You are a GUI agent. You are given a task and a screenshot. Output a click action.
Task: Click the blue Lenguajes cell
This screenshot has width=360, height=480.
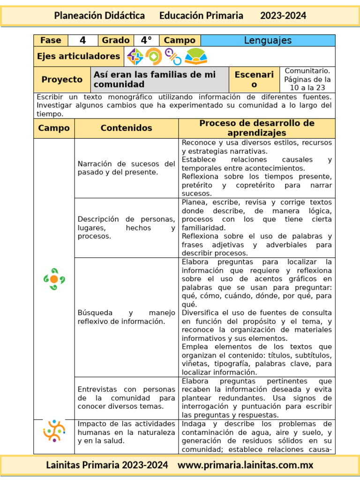pos(268,40)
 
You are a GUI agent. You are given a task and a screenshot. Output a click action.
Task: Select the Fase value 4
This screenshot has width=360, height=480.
pos(83,40)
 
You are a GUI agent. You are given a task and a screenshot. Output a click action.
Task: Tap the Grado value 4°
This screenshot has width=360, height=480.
pos(146,40)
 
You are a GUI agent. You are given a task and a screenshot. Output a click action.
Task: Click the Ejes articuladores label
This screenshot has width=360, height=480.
pos(79,57)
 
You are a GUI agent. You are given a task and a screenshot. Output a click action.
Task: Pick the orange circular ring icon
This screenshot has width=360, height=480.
pos(153,57)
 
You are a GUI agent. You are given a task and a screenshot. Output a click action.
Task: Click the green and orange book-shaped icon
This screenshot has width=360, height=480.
pos(195,57)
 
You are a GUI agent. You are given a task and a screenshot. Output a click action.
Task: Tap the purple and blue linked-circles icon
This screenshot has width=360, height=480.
pos(173,57)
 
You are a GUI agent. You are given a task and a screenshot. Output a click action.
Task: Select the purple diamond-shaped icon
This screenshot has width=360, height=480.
pos(135,57)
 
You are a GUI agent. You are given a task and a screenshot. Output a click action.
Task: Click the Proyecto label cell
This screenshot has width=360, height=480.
pos(62,80)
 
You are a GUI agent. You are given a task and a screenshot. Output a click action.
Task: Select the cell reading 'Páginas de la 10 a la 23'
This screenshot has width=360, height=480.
pos(307,80)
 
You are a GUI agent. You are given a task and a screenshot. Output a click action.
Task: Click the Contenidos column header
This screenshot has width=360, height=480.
pos(126,128)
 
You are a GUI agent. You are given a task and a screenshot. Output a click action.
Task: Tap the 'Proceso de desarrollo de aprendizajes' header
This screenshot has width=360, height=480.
pos(256,128)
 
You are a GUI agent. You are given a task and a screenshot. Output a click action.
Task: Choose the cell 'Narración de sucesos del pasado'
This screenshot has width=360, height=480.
pos(126,168)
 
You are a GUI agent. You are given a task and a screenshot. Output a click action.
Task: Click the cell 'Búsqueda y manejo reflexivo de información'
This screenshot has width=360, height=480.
pos(126,317)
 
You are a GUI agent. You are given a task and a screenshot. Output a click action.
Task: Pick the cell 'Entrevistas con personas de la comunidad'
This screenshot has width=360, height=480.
pos(126,398)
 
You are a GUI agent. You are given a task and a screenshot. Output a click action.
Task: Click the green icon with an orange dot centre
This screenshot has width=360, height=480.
pos(54,279)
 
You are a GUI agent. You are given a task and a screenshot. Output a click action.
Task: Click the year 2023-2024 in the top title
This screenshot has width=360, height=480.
pos(283,15)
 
